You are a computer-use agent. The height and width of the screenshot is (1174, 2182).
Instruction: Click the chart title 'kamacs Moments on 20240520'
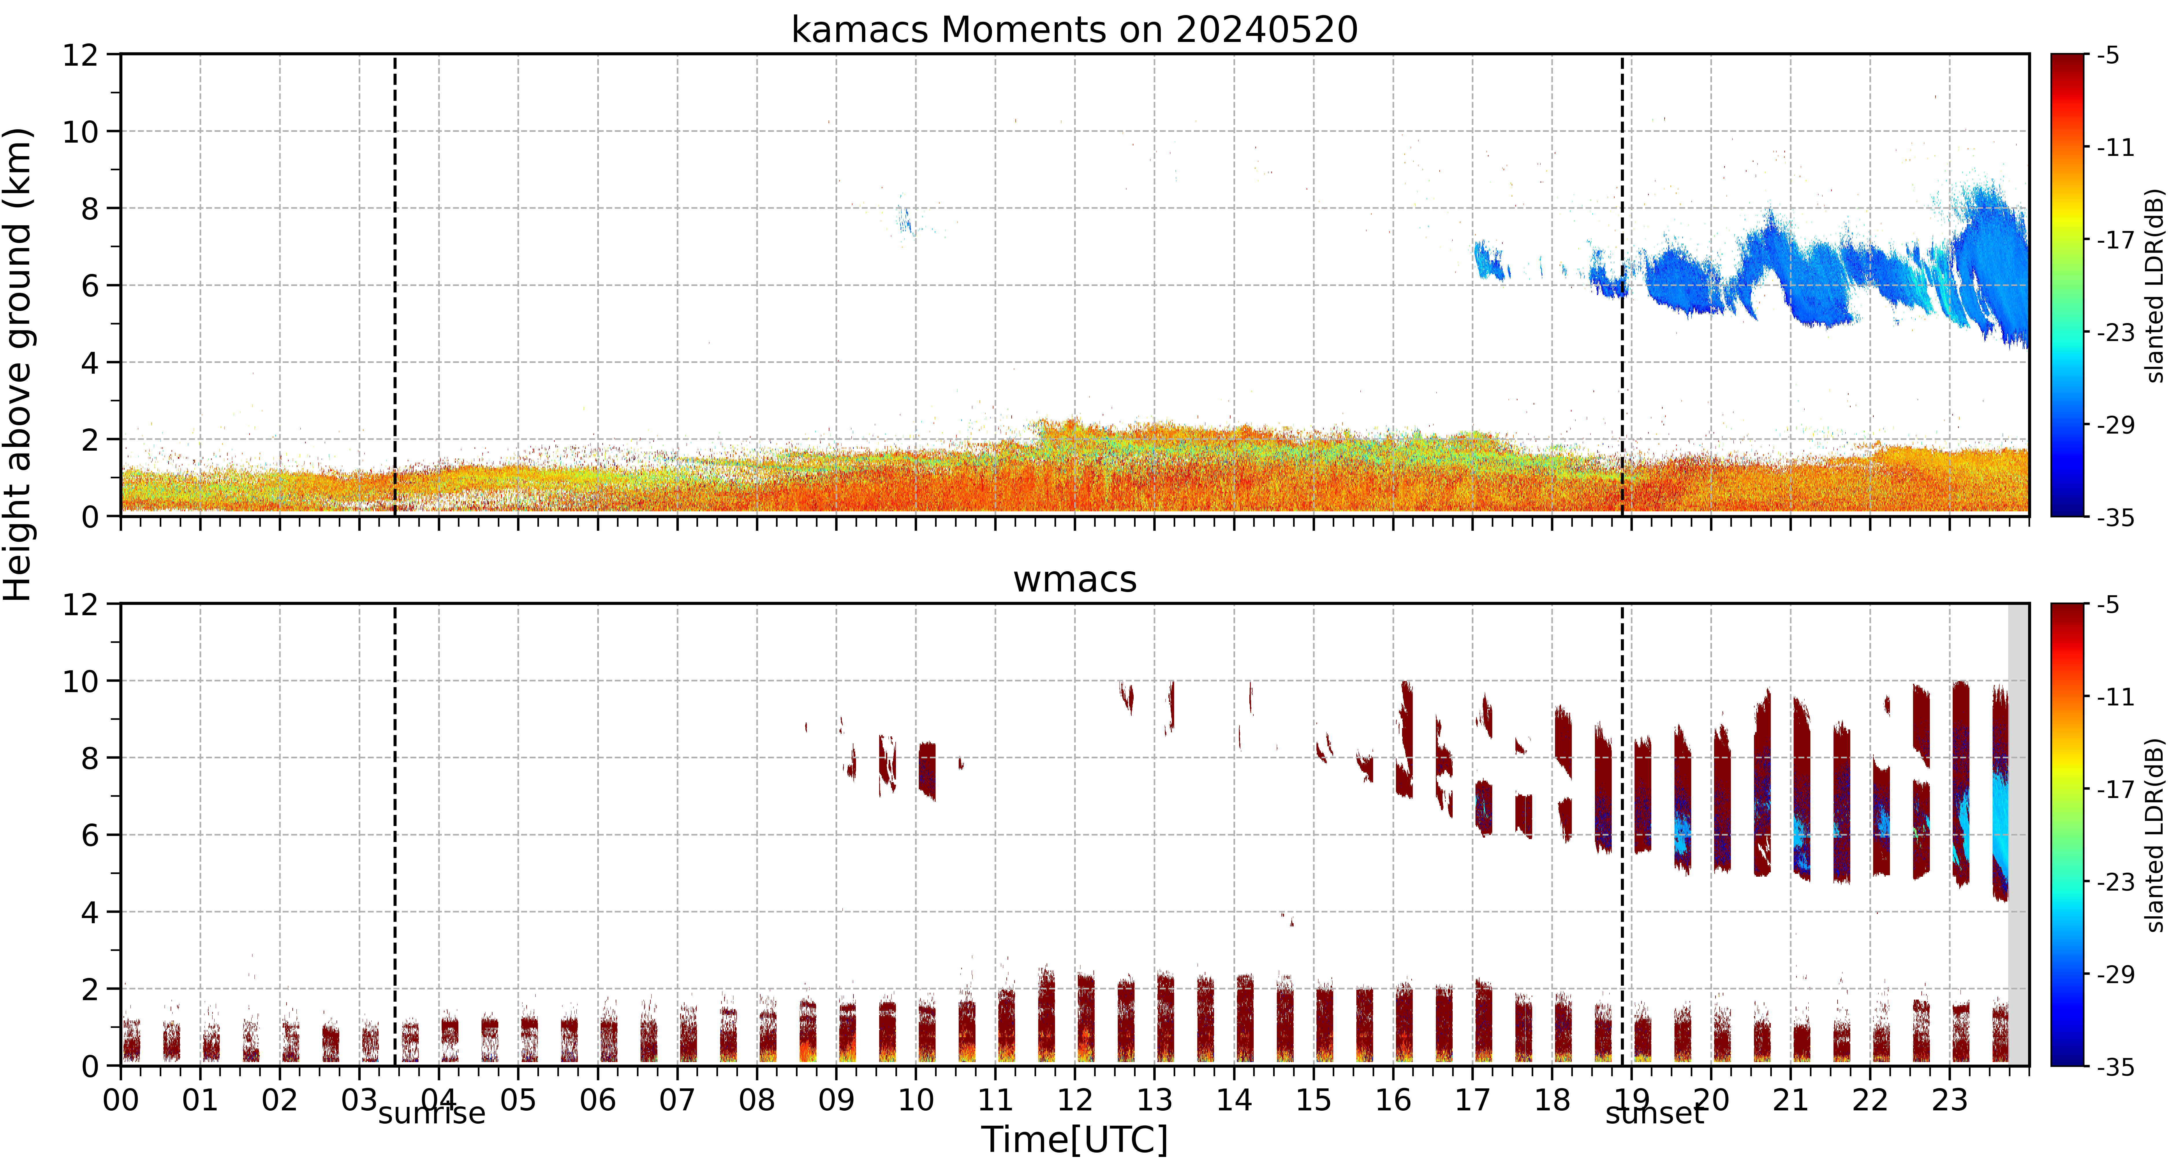pyautogui.click(x=1074, y=30)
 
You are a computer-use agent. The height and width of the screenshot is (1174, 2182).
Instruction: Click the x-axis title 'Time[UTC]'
pyautogui.click(x=1074, y=1139)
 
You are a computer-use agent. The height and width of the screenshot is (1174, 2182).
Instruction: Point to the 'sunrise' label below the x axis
pyautogui.click(x=432, y=1113)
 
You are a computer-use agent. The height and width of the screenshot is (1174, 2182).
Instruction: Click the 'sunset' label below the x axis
pyautogui.click(x=1654, y=1113)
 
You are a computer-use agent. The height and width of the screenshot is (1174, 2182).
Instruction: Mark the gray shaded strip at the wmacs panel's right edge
pyautogui.click(x=2019, y=834)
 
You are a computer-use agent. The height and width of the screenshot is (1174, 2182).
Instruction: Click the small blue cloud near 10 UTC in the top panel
pyautogui.click(x=905, y=220)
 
